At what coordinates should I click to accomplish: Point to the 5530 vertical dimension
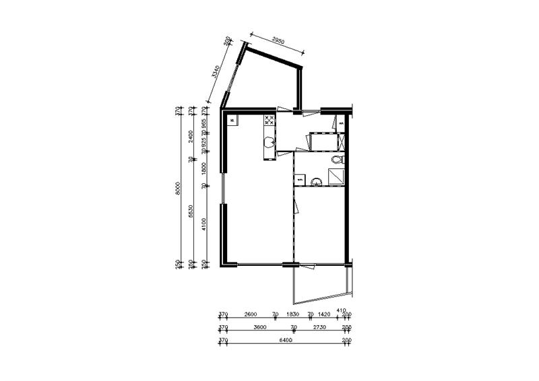click(191, 212)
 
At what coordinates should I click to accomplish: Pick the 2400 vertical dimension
click(191, 135)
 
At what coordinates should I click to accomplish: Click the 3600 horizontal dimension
click(257, 328)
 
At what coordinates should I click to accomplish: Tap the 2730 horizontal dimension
click(319, 328)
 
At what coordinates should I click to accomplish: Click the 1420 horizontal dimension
click(326, 314)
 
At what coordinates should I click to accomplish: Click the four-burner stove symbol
click(269, 121)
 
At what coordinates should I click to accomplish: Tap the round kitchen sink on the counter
click(269, 142)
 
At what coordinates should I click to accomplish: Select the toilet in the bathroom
click(338, 160)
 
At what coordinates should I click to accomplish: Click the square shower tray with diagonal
click(335, 176)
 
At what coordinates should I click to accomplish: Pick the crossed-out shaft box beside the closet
click(342, 143)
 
